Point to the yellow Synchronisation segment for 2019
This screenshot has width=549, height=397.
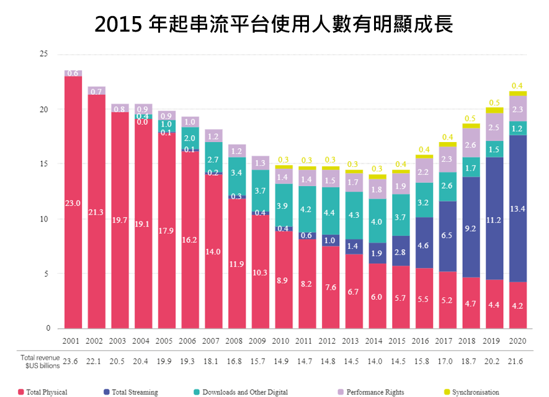point(494,110)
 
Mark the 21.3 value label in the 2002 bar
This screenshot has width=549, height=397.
point(97,212)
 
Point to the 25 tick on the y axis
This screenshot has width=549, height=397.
point(43,54)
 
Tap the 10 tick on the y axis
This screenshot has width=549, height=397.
point(43,219)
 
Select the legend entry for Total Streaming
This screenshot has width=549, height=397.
point(130,392)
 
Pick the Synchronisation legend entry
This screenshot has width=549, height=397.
point(471,392)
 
